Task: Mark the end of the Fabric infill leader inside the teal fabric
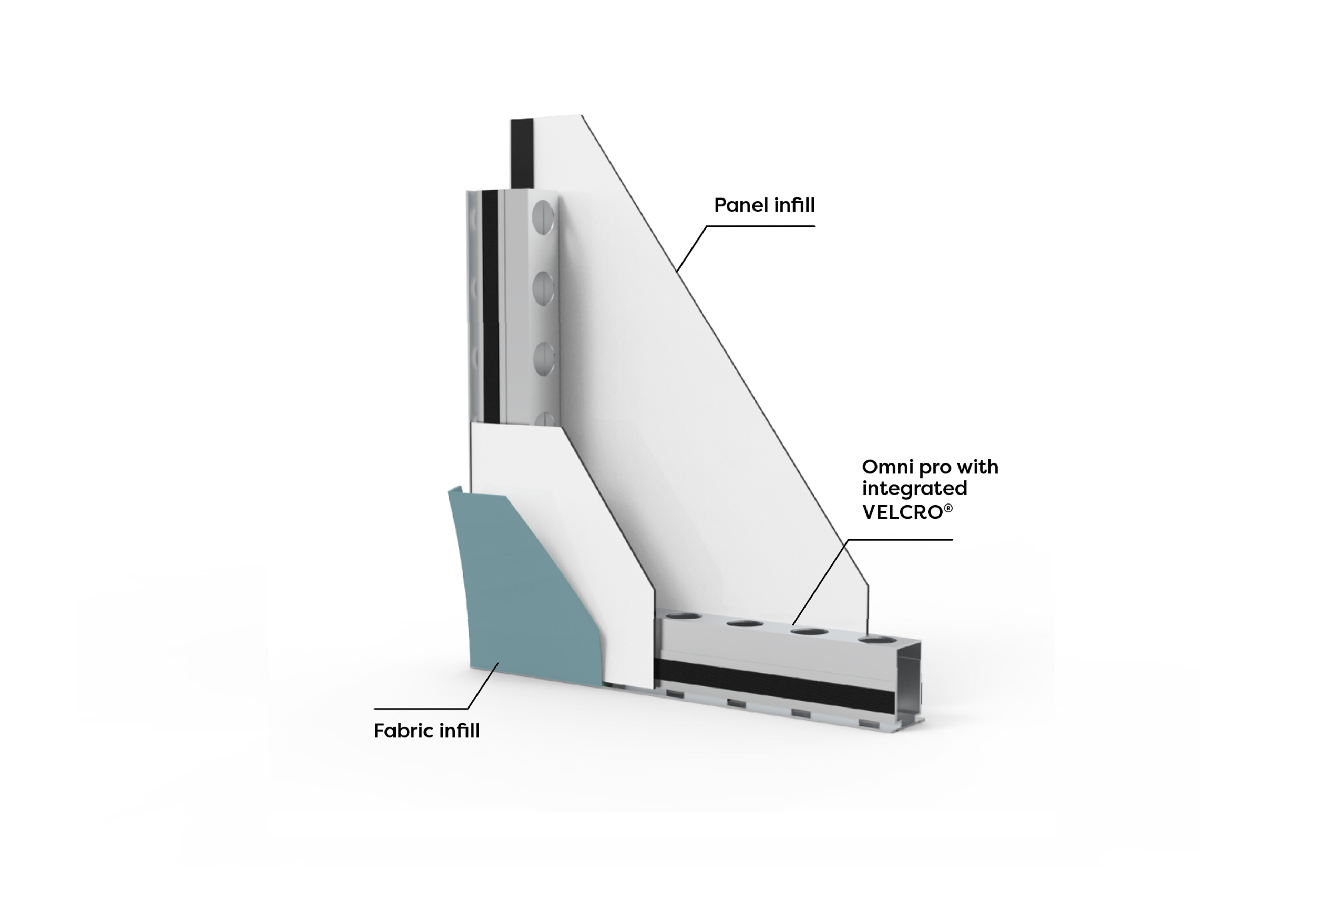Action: (498, 662)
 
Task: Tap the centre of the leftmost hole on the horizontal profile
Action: (683, 617)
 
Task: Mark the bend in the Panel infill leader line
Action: (707, 226)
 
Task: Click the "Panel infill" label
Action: (764, 205)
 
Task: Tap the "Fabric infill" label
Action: (426, 731)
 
